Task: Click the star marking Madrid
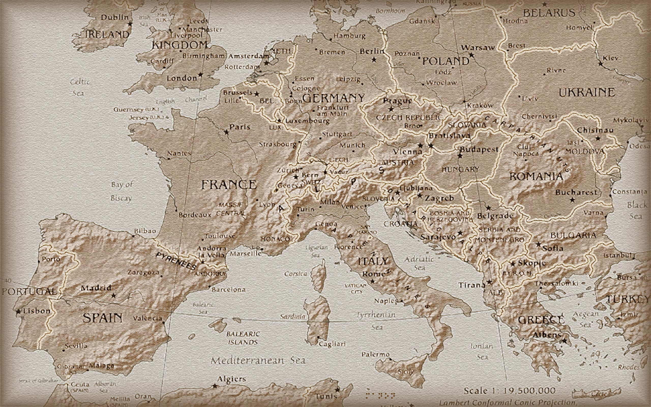(113, 296)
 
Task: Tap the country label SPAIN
(102, 318)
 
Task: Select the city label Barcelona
(229, 290)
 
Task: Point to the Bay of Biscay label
(122, 191)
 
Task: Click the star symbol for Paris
(227, 132)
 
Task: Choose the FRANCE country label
(229, 185)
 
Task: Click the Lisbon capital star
(18, 312)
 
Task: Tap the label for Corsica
(295, 274)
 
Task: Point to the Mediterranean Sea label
(258, 360)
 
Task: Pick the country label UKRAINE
(587, 93)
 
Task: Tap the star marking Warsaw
(471, 55)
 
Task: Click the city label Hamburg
(349, 36)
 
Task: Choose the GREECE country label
(541, 320)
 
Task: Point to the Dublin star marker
(130, 24)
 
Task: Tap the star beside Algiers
(215, 386)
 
